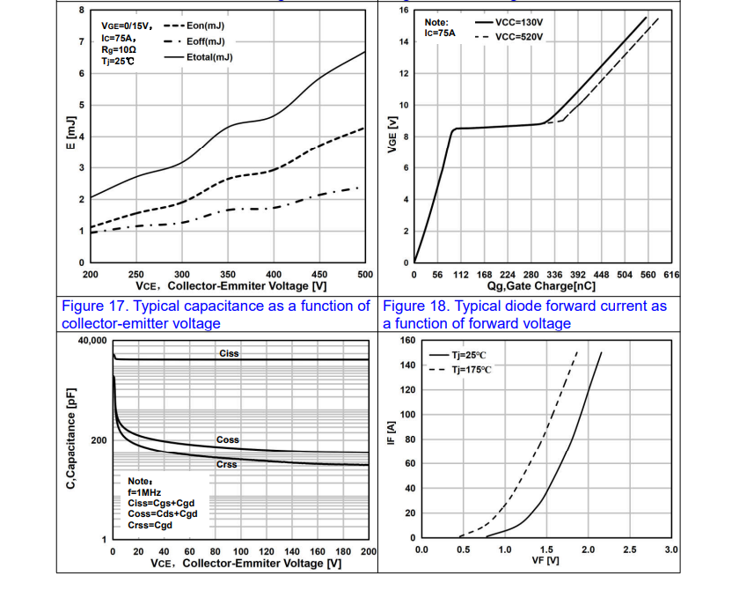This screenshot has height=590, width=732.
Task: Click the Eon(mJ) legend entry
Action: pos(206,26)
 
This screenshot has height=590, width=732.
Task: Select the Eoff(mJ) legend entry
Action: pos(206,41)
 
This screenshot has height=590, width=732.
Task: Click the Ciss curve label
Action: pos(229,353)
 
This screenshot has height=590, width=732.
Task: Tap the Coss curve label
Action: pos(228,439)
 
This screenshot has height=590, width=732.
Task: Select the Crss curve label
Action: pos(228,464)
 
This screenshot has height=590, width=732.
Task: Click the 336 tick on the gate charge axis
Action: pos(555,275)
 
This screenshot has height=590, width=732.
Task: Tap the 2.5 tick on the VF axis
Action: pos(629,549)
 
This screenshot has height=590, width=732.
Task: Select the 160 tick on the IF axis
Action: pos(407,340)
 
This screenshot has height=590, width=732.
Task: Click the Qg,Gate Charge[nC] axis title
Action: pos(542,286)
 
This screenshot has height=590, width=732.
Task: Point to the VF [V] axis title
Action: pos(546,561)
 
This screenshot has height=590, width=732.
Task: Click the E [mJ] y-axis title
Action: pos(74,136)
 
